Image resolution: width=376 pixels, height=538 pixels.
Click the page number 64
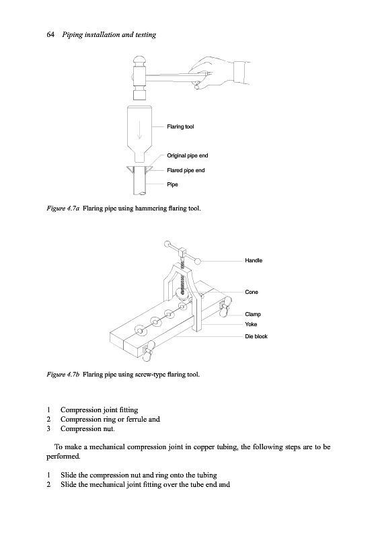point(50,35)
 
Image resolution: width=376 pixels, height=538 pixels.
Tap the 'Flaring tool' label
point(180,126)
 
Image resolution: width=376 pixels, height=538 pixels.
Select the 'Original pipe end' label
point(187,155)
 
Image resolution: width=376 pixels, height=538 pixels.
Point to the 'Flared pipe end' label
point(186,170)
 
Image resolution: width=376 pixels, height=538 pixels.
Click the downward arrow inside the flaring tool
point(140,130)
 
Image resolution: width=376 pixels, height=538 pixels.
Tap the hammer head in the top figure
point(140,77)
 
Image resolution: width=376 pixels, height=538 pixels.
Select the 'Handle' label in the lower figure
point(254,260)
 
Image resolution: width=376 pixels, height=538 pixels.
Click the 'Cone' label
point(252,292)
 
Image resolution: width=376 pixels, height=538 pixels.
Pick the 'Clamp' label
point(253,314)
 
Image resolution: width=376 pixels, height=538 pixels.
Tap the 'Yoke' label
point(251,324)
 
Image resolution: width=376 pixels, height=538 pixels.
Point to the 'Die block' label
point(256,336)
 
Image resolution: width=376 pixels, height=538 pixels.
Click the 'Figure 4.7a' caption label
point(63,208)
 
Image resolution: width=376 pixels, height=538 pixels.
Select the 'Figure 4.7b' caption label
point(63,374)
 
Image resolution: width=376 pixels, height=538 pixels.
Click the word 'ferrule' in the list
point(136,419)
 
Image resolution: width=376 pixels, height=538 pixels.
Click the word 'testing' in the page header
point(145,35)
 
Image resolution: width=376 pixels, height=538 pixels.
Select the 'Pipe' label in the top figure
point(173,184)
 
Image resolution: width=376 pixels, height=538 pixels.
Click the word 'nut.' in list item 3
point(109,428)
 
